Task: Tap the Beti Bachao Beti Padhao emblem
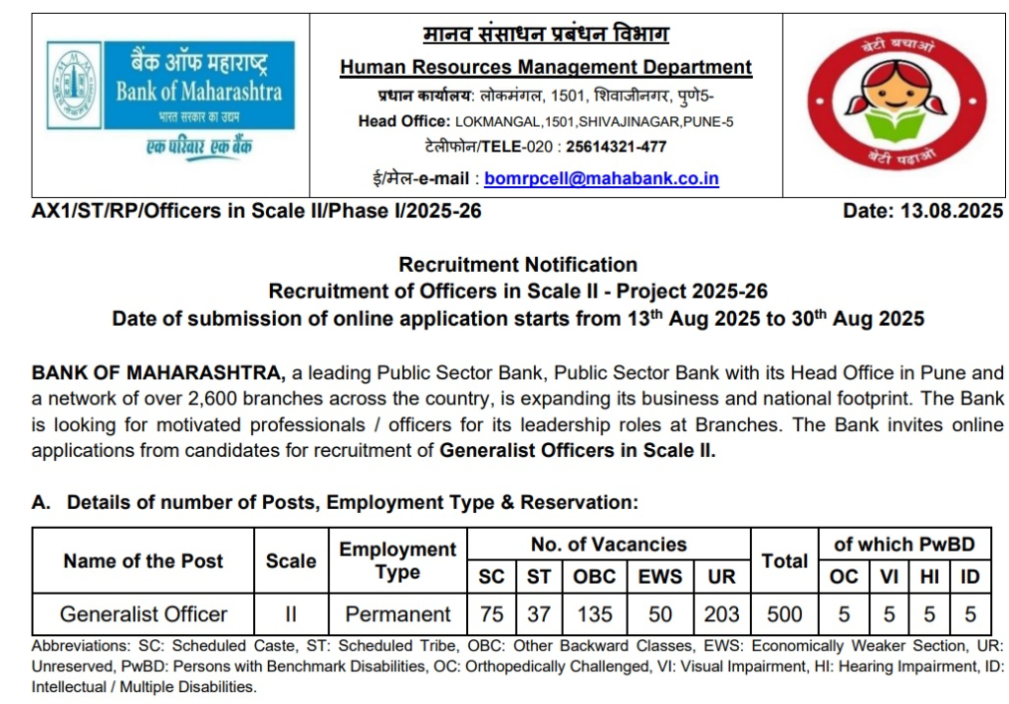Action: [896, 103]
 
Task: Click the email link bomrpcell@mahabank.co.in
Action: [601, 179]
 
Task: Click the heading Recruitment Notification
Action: [517, 265]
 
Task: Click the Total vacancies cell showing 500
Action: [784, 614]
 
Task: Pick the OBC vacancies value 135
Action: [594, 614]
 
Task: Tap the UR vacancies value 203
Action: [721, 614]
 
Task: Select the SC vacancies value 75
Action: [491, 614]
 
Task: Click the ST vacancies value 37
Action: [538, 614]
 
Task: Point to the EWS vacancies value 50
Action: [660, 614]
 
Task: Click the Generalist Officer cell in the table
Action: [143, 614]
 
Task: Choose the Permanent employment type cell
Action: [398, 614]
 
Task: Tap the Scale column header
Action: [291, 561]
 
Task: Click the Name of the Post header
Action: [143, 561]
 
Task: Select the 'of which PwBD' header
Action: [904, 544]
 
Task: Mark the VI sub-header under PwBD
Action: [889, 577]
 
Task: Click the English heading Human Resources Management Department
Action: [545, 68]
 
